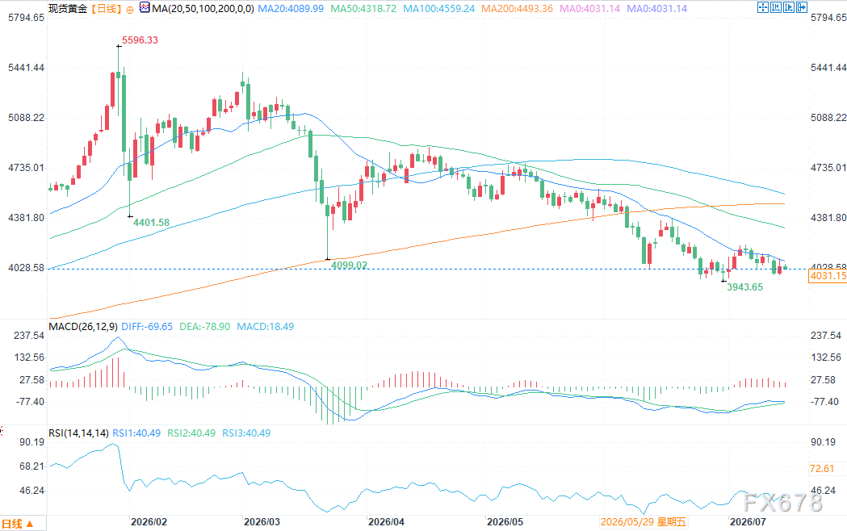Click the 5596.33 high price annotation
pos(140,40)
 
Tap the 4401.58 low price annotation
pos(151,223)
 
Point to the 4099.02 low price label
pos(349,265)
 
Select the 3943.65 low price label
pos(745,287)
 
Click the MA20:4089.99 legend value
pos(291,9)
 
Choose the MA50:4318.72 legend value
pos(363,9)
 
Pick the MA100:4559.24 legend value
pos(439,9)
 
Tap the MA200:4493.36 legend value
pos(517,9)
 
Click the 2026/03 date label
pos(262,522)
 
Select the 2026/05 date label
pos(505,522)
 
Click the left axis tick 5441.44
pos(26,68)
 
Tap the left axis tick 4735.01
pos(26,168)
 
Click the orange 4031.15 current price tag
pos(828,276)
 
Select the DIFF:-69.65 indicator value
pos(147,327)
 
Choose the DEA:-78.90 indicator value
pos(205,327)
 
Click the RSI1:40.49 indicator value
pos(136,433)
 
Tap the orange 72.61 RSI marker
pos(822,469)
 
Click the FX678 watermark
pos(782,503)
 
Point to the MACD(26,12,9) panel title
pos(82,327)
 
